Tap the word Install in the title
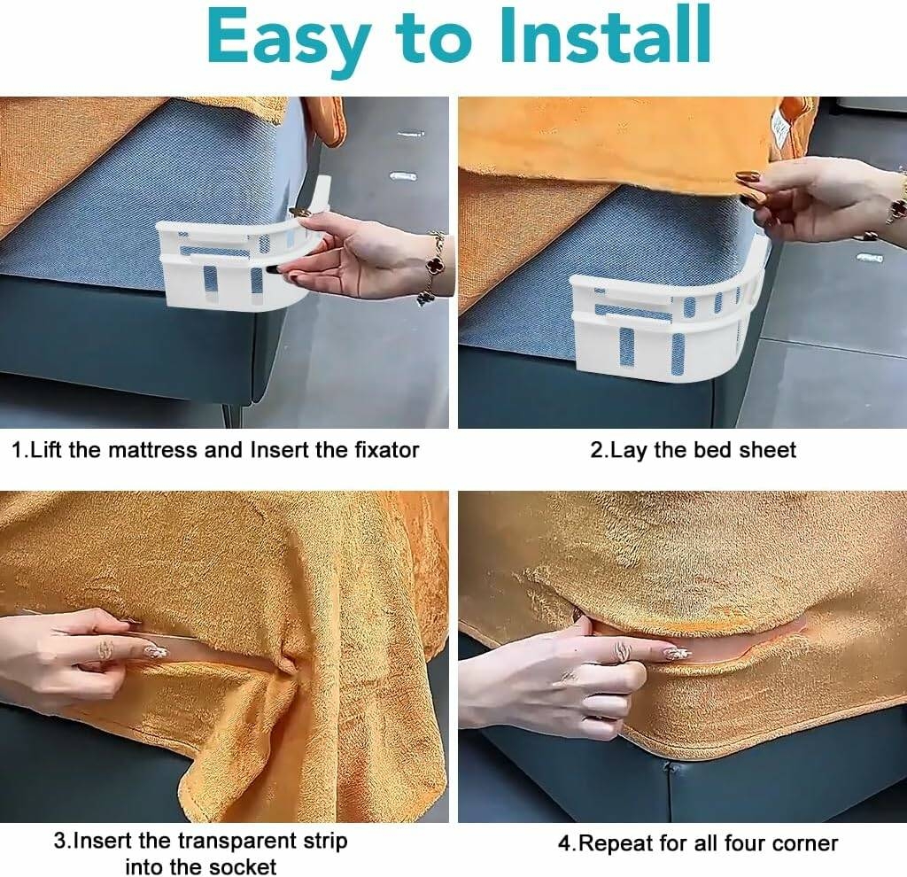pos(604,35)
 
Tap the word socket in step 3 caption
pos(243,866)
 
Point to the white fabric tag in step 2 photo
pos(781,128)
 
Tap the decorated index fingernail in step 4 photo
pos(678,654)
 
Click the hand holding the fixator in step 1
pos(359,254)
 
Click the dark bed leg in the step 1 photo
pos(231,414)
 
